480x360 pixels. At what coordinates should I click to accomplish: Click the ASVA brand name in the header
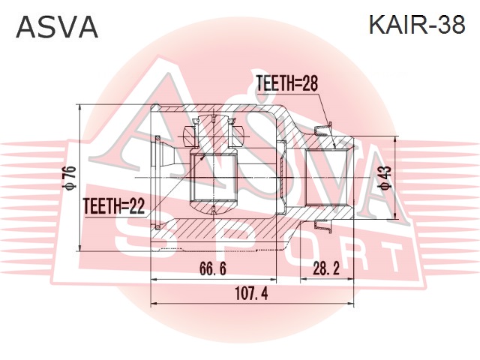tap(57, 26)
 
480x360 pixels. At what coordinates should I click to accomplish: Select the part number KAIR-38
tap(417, 25)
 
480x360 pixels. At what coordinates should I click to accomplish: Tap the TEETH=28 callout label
tap(286, 83)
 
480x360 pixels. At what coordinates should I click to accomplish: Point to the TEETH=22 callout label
tap(114, 206)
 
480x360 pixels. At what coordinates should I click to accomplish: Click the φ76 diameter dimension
tap(70, 177)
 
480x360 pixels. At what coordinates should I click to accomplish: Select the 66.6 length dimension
tap(213, 268)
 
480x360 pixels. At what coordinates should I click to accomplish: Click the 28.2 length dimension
tap(326, 268)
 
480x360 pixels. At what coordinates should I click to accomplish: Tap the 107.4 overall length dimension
tap(251, 293)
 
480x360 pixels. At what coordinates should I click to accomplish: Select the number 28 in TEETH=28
tap(310, 83)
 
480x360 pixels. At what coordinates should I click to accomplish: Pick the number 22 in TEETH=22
tap(137, 206)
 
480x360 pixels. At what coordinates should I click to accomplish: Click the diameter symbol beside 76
tap(70, 184)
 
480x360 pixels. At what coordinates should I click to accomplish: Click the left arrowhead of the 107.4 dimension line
tap(154, 303)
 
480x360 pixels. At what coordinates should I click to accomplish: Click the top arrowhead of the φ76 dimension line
tap(80, 107)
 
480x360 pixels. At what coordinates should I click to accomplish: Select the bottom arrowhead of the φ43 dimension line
tap(396, 216)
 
